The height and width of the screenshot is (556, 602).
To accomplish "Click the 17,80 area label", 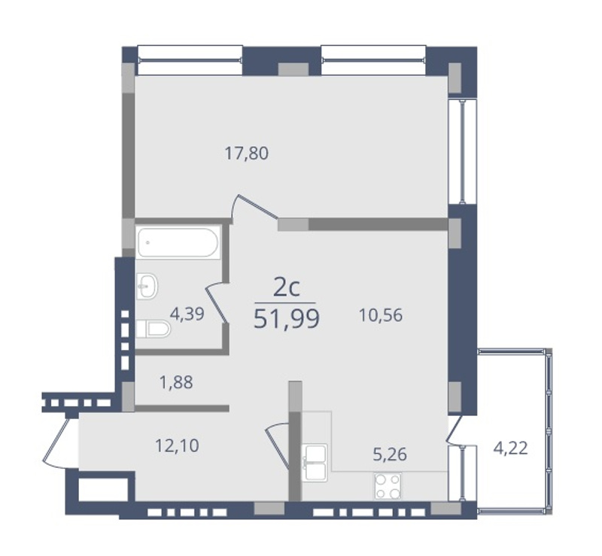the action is [247, 153].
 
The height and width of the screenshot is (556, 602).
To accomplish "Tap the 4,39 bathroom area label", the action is [187, 314].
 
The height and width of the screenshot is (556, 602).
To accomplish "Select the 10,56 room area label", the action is [381, 315].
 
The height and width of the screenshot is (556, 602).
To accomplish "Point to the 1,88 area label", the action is [176, 382].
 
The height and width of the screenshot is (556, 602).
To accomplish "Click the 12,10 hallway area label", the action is [177, 446].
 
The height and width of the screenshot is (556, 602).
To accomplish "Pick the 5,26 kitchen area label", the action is [390, 454].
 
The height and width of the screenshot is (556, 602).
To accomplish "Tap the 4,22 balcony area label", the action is [511, 448].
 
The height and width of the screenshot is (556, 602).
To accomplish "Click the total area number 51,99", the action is [287, 319].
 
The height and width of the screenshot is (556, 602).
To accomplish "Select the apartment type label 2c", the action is [287, 288].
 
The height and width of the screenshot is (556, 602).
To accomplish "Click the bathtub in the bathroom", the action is [178, 243].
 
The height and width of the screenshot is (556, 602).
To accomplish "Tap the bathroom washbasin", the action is [147, 286].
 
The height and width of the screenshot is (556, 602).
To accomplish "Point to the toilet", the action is [153, 329].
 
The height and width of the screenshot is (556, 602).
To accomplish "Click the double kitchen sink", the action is [315, 463].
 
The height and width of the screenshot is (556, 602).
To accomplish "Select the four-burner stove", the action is [388, 486].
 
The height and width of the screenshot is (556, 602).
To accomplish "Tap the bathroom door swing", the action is [217, 302].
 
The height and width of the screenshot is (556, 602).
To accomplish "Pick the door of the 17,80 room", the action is [255, 208].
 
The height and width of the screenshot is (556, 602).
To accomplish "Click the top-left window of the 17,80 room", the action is [190, 60].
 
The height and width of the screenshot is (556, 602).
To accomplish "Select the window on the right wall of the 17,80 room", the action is [463, 151].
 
